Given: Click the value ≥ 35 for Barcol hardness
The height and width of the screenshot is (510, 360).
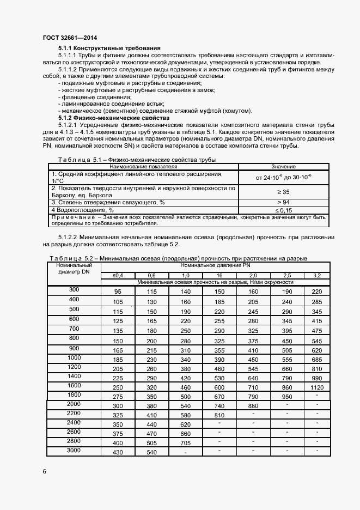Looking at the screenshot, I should pyautogui.click(x=283, y=192).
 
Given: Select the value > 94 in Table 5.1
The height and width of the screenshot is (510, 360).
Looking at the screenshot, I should pyautogui.click(x=283, y=202).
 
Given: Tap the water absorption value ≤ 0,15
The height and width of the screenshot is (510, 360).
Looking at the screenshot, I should pyautogui.click(x=283, y=210).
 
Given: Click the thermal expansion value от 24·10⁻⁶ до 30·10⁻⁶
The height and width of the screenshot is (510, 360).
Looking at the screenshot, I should pyautogui.click(x=283, y=177).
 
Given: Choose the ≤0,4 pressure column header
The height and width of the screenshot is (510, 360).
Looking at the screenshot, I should pyautogui.click(x=118, y=276).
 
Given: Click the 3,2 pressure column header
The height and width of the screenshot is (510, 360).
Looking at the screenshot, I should pyautogui.click(x=317, y=276).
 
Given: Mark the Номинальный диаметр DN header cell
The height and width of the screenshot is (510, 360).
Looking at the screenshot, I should pyautogui.click(x=74, y=269).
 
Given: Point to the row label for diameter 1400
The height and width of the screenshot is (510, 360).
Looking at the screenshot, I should pyautogui.click(x=74, y=377).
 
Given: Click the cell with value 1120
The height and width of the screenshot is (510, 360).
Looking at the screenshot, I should pyautogui.click(x=317, y=387).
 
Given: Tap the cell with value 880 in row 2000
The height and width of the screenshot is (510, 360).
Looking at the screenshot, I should pyautogui.click(x=253, y=406).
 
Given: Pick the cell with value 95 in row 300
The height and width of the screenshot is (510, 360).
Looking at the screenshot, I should pyautogui.click(x=118, y=292).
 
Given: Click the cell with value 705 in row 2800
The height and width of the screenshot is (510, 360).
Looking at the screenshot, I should pyautogui.click(x=186, y=443).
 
